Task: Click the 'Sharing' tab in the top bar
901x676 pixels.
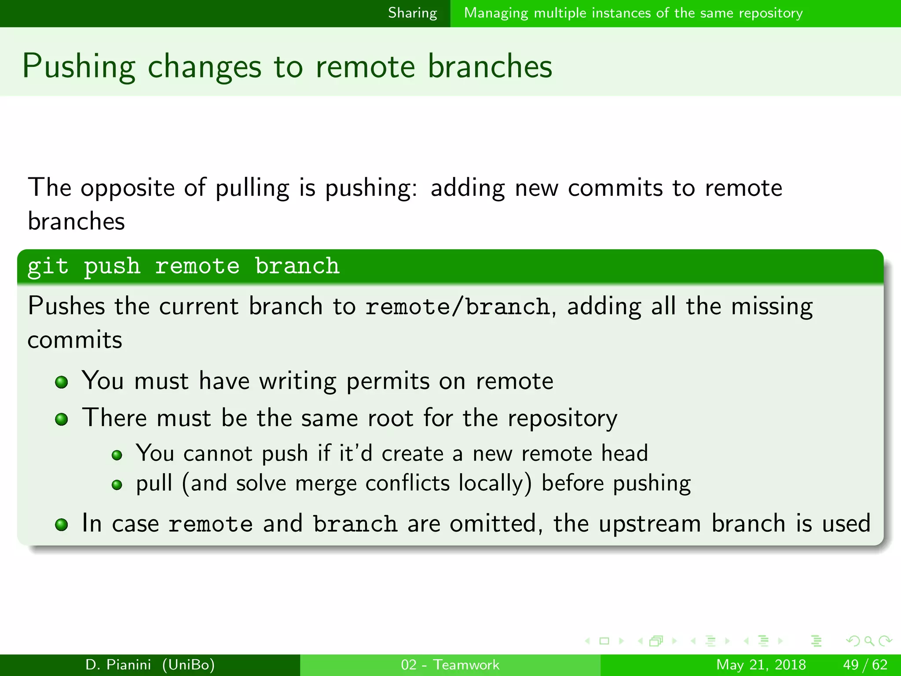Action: coord(412,13)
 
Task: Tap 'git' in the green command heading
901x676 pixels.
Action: coord(48,267)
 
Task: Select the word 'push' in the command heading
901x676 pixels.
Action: coord(112,267)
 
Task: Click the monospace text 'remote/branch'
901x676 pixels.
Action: coord(458,307)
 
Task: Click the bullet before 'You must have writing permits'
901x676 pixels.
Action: coord(62,382)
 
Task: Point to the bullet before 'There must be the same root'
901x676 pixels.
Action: coord(62,419)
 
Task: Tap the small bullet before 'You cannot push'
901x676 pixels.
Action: coord(117,455)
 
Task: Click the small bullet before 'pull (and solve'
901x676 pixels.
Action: coord(117,485)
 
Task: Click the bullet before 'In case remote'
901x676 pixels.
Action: coord(62,525)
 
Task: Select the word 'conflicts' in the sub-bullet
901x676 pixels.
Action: coord(407,483)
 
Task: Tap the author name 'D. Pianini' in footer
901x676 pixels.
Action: coord(118,665)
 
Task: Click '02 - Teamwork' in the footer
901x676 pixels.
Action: coord(450,665)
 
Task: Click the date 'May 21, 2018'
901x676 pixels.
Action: coord(761,665)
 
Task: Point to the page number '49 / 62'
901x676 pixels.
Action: coord(865,665)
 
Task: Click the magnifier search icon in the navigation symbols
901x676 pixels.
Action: coord(869,641)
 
